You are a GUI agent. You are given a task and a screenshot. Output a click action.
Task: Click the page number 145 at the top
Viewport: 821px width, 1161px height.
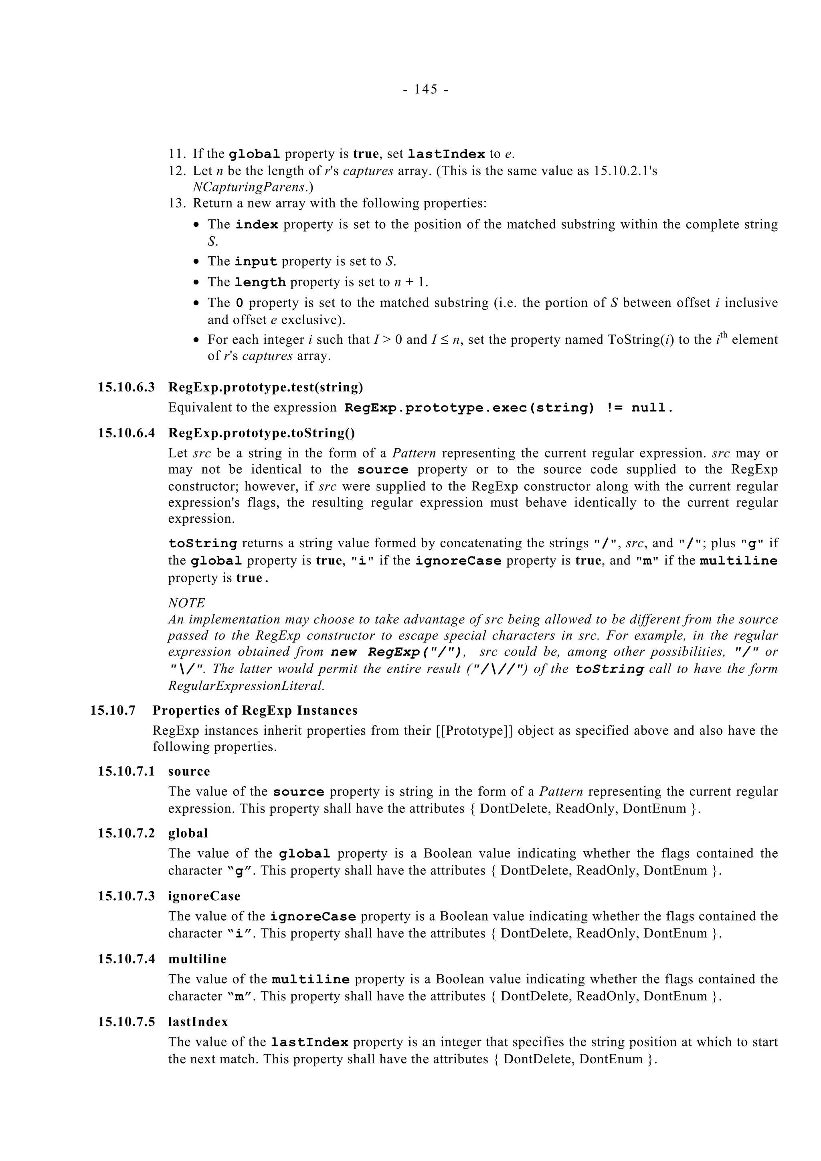coord(425,89)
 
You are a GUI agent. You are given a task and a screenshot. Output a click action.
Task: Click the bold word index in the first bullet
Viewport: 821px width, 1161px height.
coord(257,224)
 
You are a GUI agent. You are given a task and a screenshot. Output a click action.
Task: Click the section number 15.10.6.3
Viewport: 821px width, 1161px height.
coord(126,387)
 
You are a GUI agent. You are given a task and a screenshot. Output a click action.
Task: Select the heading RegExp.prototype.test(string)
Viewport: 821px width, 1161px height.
coord(265,387)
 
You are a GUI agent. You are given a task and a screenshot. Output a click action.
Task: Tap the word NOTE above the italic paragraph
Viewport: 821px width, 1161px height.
coord(186,603)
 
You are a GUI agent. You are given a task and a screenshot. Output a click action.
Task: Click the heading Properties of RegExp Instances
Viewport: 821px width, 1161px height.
coord(255,710)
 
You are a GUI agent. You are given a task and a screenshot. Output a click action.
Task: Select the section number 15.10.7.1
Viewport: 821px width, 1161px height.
coord(126,771)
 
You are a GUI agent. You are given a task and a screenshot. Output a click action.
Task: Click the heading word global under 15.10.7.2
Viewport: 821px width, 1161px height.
coord(188,833)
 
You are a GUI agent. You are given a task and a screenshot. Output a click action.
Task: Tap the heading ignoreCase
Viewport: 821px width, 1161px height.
coord(204,896)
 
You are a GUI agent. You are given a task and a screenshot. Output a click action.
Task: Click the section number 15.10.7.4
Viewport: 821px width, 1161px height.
coord(126,959)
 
